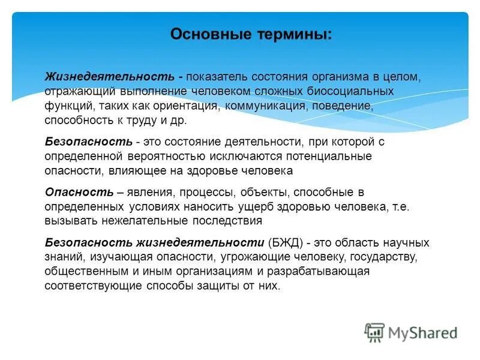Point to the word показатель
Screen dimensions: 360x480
click(x=217, y=77)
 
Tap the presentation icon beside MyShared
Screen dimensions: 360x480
click(x=374, y=332)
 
